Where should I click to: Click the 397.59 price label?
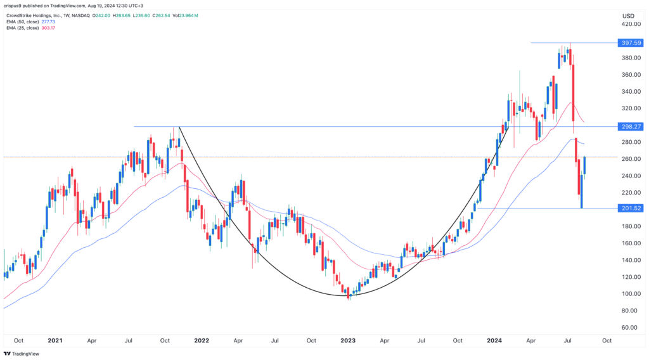point(631,42)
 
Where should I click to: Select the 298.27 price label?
point(631,127)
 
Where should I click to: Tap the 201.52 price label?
point(631,208)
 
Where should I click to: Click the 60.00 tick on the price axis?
point(629,328)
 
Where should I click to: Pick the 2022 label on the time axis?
point(202,340)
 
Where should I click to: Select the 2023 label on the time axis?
point(349,340)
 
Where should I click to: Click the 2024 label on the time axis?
point(494,340)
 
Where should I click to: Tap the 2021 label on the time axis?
point(56,340)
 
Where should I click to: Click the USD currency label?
point(629,16)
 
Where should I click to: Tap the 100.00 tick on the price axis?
point(631,294)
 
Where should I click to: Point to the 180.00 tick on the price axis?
point(631,226)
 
